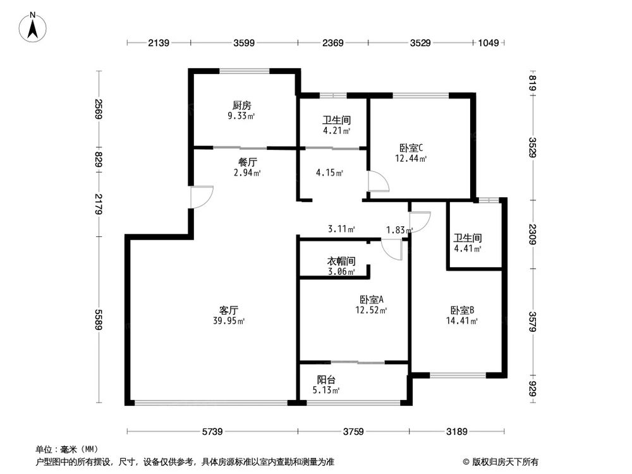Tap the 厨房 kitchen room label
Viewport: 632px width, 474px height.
(242, 106)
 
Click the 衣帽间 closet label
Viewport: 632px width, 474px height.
(341, 261)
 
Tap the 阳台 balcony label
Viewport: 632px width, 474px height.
(326, 380)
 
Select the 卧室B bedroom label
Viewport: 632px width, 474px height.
(462, 310)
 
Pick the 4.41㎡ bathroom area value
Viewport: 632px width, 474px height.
(468, 248)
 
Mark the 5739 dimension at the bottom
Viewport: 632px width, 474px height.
(212, 432)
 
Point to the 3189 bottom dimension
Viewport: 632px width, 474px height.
(456, 432)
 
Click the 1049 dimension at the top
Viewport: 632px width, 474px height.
(489, 43)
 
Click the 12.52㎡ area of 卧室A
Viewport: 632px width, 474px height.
(371, 310)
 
